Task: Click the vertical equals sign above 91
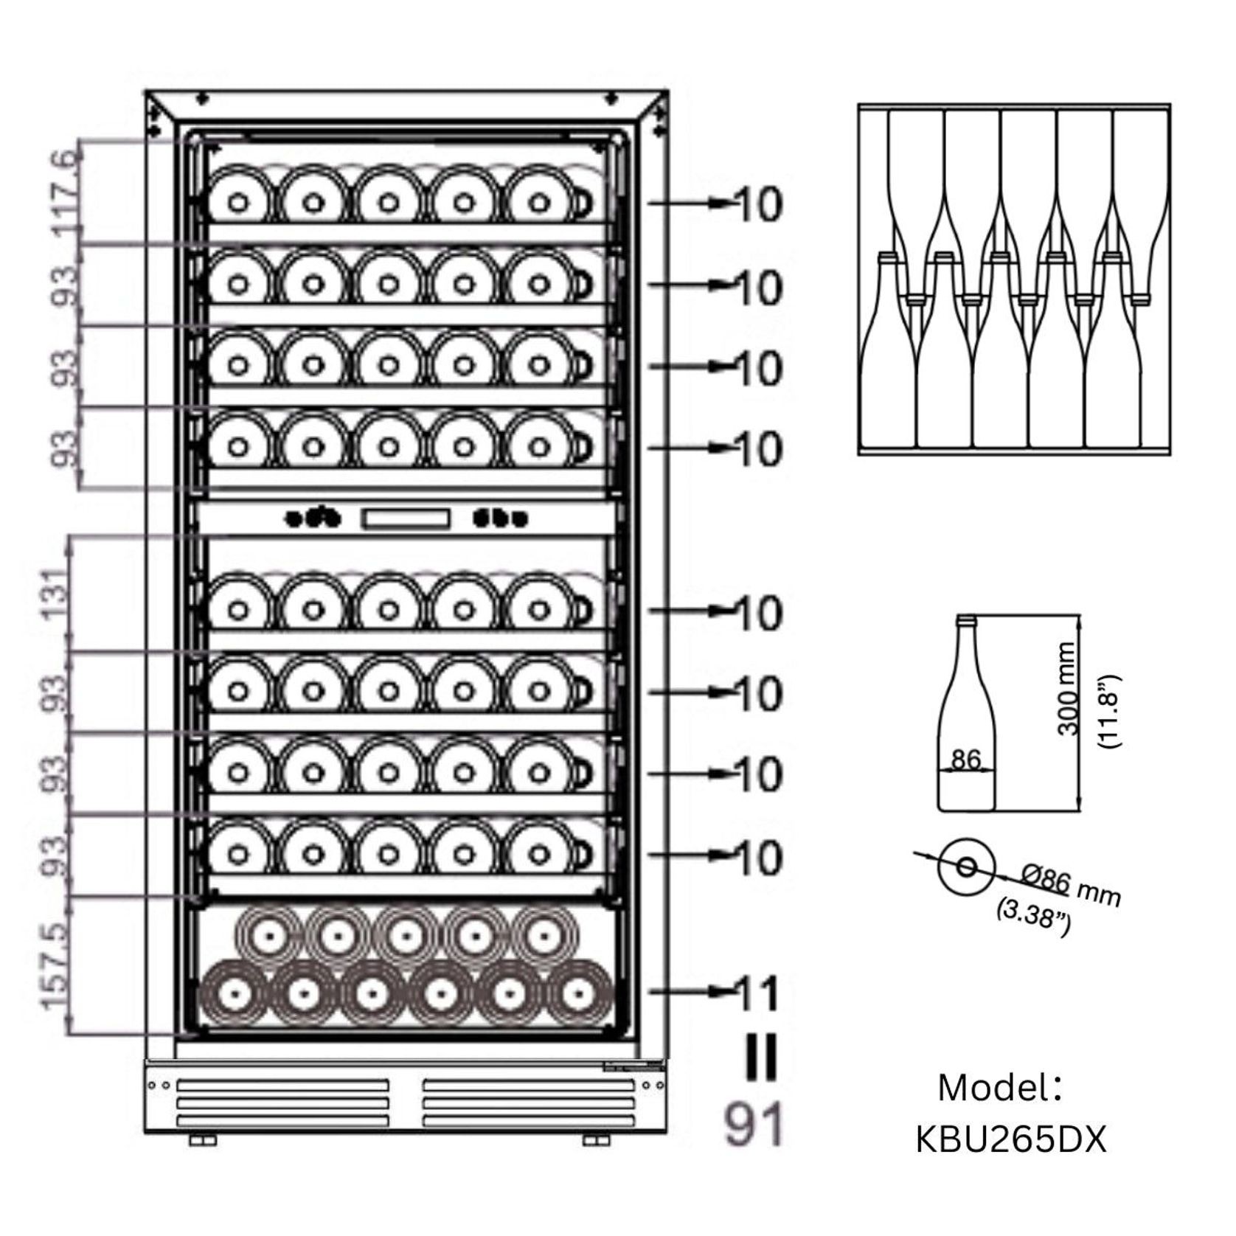point(760,1058)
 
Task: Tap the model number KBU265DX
point(1011,1139)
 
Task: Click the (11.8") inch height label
point(1108,711)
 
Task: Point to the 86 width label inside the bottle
point(965,759)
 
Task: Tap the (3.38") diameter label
point(1033,917)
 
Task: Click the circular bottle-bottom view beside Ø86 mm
point(966,867)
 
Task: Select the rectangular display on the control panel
point(405,519)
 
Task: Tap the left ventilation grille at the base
point(282,1103)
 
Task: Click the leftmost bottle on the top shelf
point(238,201)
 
